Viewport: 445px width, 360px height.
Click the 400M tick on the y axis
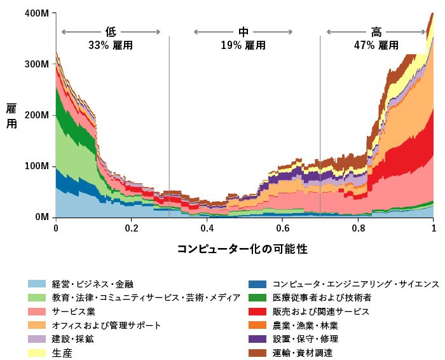pos(37,13)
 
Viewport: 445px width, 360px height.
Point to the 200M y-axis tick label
pos(37,116)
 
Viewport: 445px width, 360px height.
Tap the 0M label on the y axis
pos(41,218)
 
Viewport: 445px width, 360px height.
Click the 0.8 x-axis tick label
pos(358,228)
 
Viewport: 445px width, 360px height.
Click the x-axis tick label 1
pos(434,228)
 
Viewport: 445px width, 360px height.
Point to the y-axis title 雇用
pos(12,116)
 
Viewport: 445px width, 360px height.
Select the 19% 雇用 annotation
pos(243,46)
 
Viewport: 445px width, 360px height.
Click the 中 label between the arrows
pos(243,32)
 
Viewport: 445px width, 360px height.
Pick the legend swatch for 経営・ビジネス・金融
pos(37,284)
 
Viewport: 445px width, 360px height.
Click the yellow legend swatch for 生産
pos(37,354)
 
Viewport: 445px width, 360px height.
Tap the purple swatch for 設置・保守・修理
pos(257,339)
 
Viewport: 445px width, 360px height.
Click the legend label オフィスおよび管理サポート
pos(106,325)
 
